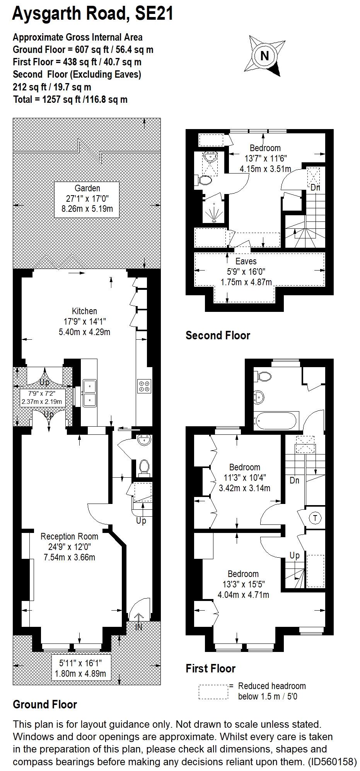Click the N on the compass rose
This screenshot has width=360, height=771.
tap(264, 56)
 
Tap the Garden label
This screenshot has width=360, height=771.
tap(87, 188)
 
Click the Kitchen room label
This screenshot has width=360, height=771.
tap(84, 311)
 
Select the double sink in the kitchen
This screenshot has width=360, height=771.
tap(89, 393)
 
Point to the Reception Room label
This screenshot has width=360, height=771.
tap(69, 536)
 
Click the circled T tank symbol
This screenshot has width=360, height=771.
tap(316, 518)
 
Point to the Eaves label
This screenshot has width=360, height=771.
tap(246, 261)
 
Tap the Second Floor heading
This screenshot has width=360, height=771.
tap(218, 335)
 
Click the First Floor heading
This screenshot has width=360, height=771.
tap(210, 668)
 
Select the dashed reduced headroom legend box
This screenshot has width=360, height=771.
tap(213, 692)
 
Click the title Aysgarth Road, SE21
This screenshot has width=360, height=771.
tap(93, 14)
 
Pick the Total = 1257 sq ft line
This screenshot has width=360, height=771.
tap(70, 100)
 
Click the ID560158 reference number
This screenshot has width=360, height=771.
tap(331, 762)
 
